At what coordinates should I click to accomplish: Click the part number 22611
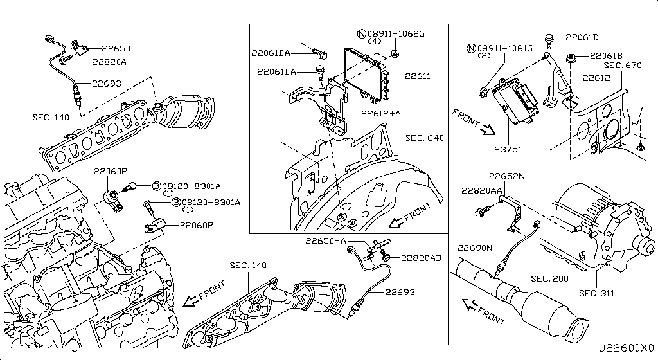(x=418, y=76)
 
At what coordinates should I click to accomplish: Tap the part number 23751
(x=508, y=149)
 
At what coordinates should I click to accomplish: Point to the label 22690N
(x=475, y=248)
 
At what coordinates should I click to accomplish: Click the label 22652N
(x=506, y=175)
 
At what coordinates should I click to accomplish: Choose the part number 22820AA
(x=481, y=191)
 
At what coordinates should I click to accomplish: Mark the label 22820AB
(x=421, y=258)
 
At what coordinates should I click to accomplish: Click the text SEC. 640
(x=424, y=138)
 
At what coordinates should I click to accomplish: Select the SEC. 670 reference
(x=622, y=66)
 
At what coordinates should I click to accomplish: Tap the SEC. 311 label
(x=596, y=293)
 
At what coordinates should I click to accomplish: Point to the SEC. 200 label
(x=551, y=279)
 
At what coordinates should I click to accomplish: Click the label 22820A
(x=109, y=62)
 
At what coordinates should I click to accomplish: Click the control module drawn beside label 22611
(x=366, y=71)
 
